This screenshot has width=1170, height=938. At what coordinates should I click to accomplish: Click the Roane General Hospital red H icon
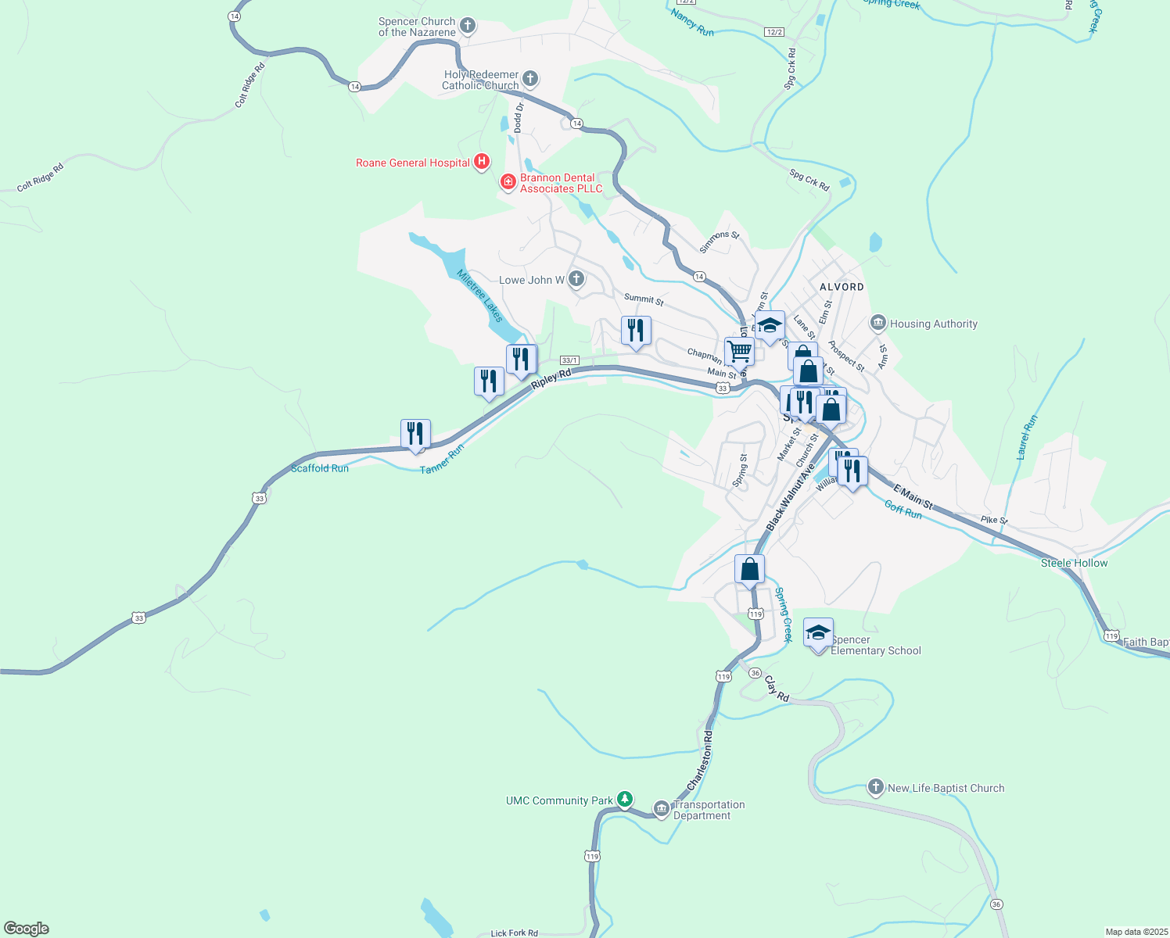click(482, 163)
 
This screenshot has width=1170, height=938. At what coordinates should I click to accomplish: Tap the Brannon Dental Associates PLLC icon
click(508, 182)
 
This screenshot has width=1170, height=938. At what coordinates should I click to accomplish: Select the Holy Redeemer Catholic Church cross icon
click(530, 78)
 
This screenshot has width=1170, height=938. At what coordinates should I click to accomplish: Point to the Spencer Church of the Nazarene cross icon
click(468, 27)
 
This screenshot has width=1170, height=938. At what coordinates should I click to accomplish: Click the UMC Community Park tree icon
click(624, 799)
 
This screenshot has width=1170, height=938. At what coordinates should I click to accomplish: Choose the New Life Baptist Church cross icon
click(876, 787)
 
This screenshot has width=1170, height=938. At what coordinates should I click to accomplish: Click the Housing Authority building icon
click(878, 323)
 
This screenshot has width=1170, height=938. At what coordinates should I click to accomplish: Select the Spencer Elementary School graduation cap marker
click(818, 633)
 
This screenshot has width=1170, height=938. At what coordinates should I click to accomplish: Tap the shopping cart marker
click(739, 351)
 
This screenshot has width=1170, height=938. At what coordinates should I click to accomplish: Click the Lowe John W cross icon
click(576, 279)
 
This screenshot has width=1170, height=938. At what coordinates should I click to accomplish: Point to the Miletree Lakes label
click(479, 295)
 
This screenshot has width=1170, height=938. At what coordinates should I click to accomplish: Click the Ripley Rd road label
click(551, 378)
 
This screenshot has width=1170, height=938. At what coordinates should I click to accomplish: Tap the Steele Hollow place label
click(1074, 563)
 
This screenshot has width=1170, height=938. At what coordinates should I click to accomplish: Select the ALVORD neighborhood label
click(842, 287)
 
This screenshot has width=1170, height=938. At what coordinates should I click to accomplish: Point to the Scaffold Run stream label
click(319, 468)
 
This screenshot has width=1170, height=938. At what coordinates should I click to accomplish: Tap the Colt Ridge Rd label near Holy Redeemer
click(251, 84)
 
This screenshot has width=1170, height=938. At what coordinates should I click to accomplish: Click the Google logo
click(27, 929)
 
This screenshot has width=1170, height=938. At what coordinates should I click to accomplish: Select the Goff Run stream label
click(903, 510)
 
